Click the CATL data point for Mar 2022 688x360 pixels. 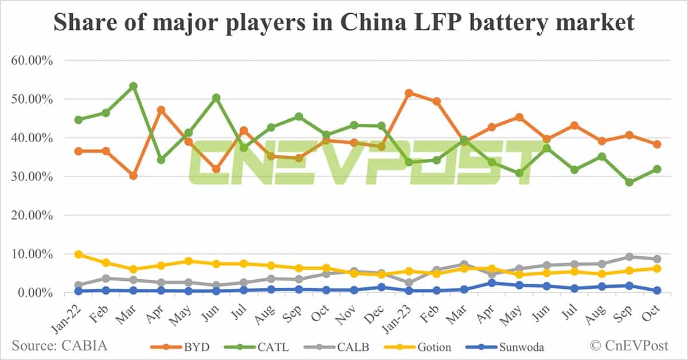pos(133,86)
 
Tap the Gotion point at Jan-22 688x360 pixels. pos(79,254)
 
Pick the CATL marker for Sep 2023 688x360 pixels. pos(629,182)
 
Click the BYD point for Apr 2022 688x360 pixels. pos(161,109)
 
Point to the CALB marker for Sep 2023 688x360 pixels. pos(629,257)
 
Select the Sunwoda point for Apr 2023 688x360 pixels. pos(491,283)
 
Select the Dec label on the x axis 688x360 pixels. pos(376,310)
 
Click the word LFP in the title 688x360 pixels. pos(416,22)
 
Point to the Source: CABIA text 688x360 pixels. pos(59,346)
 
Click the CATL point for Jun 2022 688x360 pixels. pos(216,97)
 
